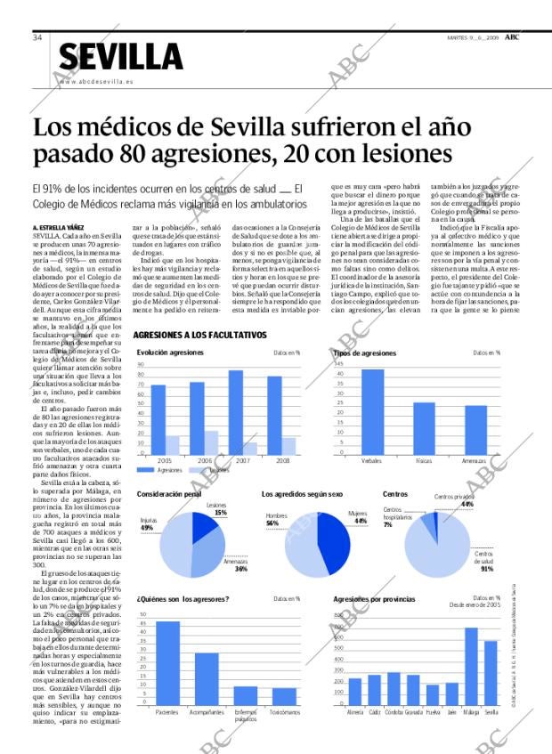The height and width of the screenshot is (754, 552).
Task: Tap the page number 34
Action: tap(37, 37)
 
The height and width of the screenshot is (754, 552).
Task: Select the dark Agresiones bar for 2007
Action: tap(236, 411)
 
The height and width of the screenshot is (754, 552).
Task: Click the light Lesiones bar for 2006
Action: tap(211, 442)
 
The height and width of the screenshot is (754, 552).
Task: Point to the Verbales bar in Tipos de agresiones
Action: tap(372, 410)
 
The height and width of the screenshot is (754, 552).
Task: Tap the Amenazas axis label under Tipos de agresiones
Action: tap(474, 460)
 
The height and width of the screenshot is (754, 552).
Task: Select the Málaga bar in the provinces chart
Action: tap(471, 666)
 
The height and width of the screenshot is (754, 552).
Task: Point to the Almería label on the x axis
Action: tap(355, 712)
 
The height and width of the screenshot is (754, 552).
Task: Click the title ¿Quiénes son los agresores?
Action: tap(183, 598)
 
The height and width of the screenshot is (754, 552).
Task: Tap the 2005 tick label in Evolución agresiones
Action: tap(164, 460)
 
